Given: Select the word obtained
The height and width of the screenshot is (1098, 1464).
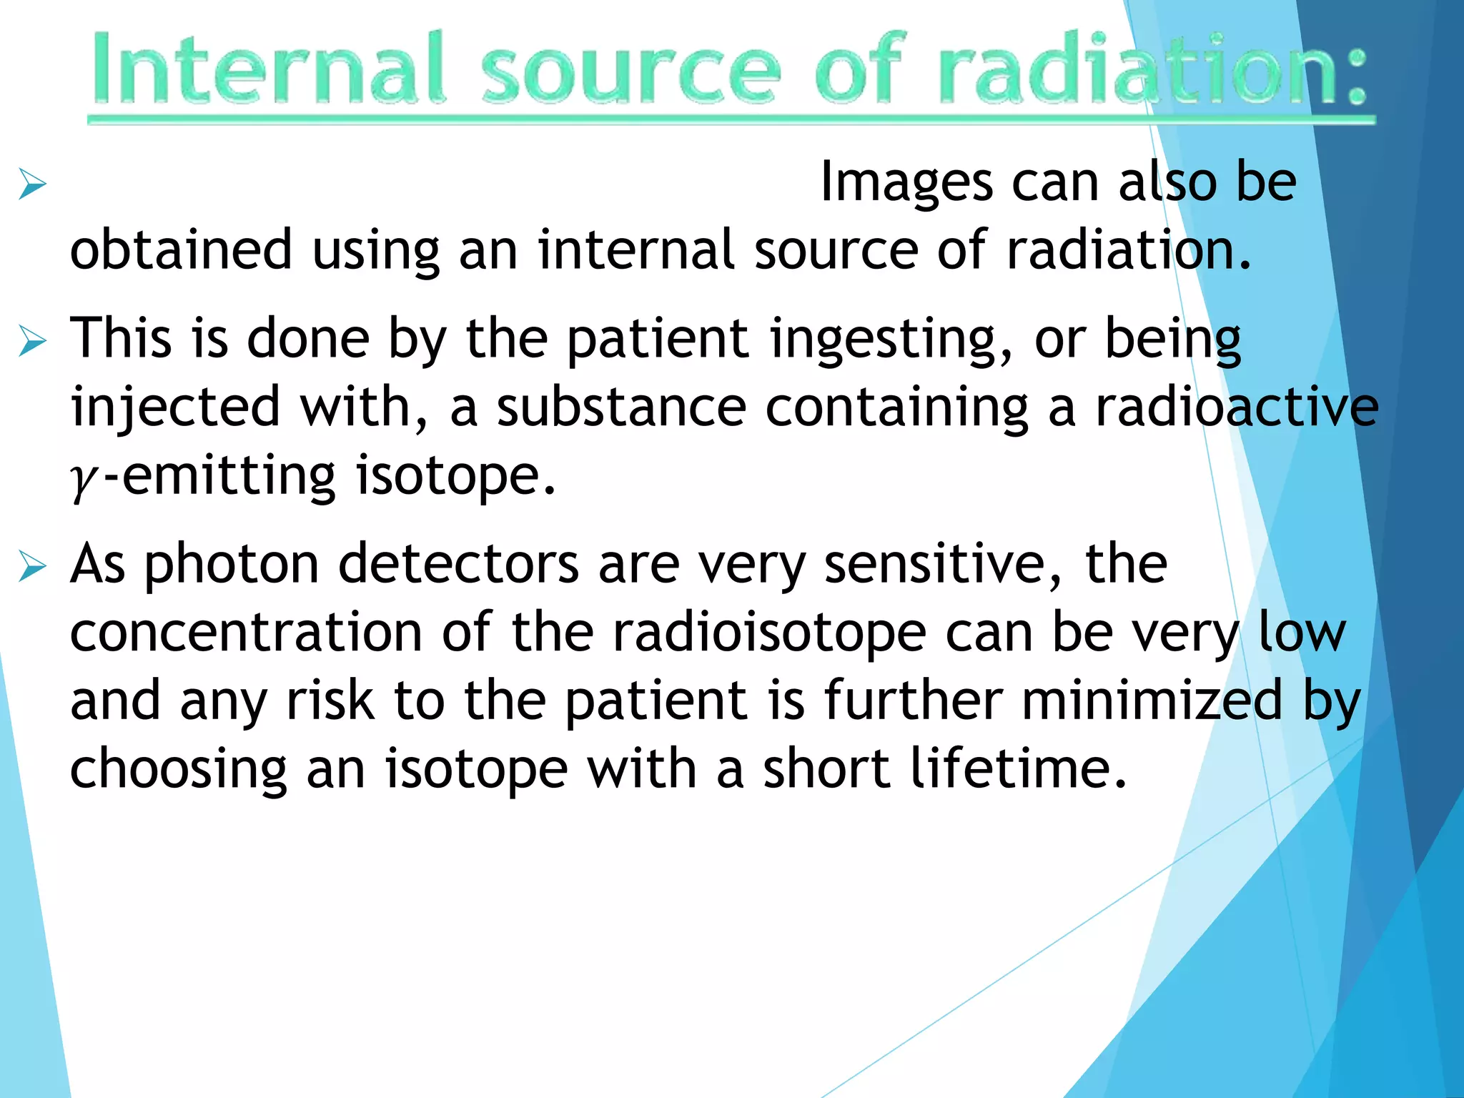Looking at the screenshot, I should (181, 250).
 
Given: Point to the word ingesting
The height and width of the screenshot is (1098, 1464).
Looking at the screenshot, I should (891, 339).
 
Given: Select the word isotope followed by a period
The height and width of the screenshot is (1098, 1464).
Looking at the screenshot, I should (455, 476).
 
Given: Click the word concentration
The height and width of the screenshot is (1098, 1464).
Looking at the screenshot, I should (246, 633).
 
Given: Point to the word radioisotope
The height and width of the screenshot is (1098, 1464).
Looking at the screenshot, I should (769, 633).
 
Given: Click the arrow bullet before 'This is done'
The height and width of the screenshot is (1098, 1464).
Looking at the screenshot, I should (33, 341).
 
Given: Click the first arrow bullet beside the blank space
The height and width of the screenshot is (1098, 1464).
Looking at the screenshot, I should (33, 184).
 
